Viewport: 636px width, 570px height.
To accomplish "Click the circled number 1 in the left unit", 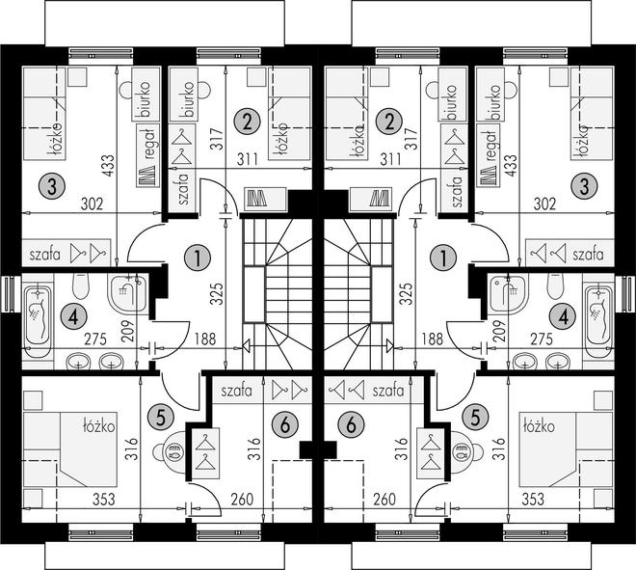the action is coord(198,258).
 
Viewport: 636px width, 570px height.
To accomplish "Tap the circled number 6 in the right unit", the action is coord(352,425).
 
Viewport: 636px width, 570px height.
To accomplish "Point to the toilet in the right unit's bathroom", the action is coord(556,285).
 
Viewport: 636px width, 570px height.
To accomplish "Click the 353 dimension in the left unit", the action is coord(104,499).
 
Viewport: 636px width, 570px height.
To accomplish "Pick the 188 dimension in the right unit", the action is coord(433,339).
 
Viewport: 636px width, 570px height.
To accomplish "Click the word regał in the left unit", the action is coord(148,144).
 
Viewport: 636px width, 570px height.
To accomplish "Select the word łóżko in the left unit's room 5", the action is coord(98,426).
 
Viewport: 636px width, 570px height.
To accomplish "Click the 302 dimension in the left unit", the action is coord(93,204).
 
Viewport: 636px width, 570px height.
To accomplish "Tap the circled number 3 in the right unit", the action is coord(584,187).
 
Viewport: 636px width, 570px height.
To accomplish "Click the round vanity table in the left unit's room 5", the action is coord(170,450).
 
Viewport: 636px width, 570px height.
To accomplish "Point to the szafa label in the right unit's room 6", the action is coord(388,391).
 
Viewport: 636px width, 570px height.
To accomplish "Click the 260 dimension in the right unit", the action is coord(384,499).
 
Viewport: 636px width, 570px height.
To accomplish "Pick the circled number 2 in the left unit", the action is coord(247,122).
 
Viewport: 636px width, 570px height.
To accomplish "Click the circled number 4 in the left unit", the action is coord(73,317).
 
